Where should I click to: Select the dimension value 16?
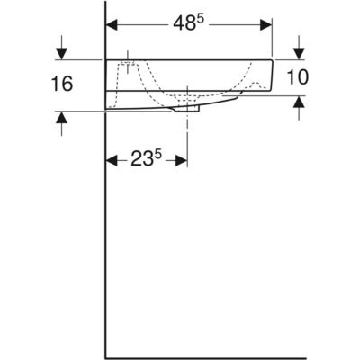point(62,84)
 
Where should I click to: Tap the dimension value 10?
point(298,77)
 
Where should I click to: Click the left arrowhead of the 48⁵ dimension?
point(112,25)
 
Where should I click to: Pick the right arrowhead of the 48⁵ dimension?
point(266,25)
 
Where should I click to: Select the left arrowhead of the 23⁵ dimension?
point(112,160)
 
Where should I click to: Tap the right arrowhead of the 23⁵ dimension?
point(181,160)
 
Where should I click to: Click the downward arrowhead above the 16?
point(62,54)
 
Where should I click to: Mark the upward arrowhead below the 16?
point(62,118)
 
